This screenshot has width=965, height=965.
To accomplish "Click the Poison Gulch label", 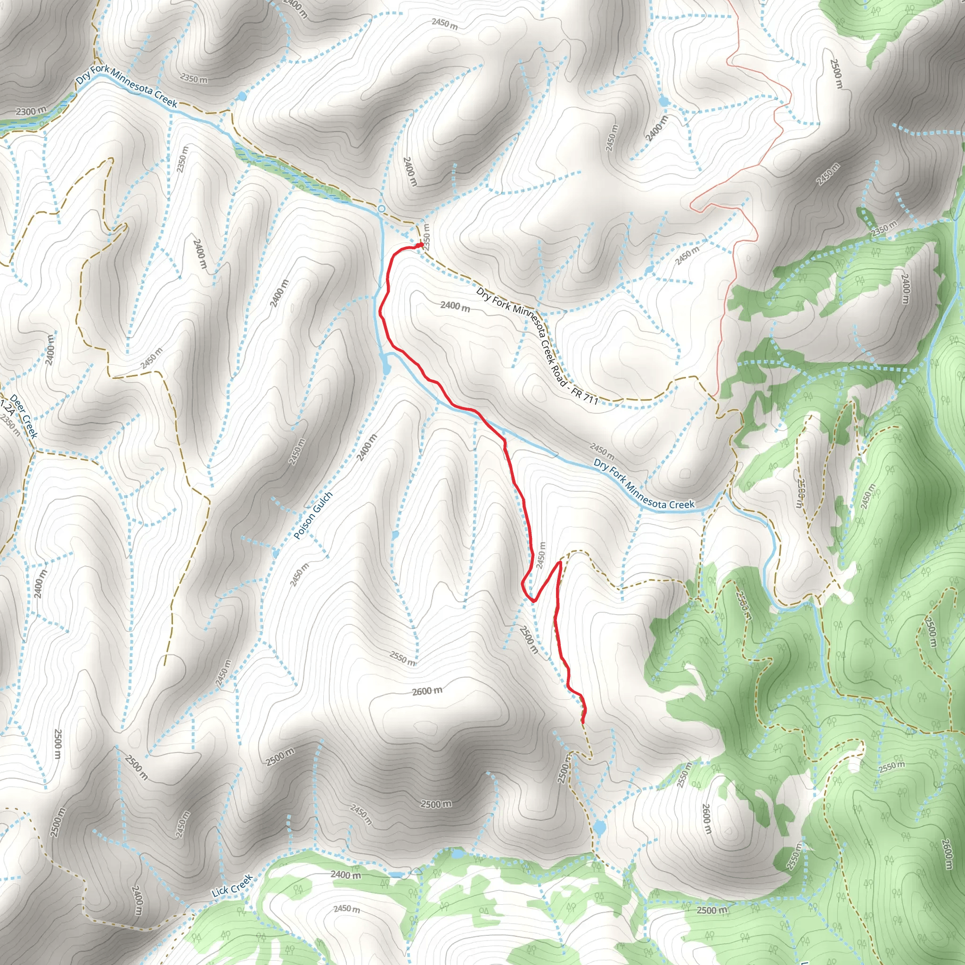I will click(313, 516).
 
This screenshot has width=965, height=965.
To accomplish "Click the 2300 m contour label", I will click(31, 111).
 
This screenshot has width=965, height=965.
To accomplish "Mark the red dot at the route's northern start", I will click(421, 245).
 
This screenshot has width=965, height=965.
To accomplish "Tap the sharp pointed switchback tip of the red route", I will click(560, 563).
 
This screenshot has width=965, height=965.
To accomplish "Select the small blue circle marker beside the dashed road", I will click(382, 208).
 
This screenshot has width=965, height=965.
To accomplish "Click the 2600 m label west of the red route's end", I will click(427, 692).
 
